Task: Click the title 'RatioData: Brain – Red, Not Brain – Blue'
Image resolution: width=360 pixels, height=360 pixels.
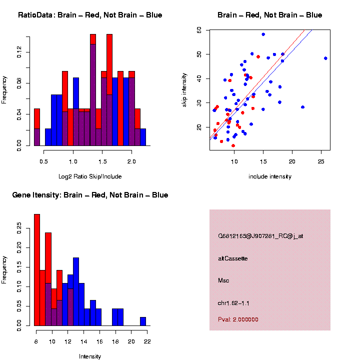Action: point(90,15)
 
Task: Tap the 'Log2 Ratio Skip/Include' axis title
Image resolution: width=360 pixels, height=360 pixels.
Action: point(90,176)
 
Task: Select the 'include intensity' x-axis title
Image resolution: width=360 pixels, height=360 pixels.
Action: point(269,176)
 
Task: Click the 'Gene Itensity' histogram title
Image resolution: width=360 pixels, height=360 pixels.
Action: point(90,195)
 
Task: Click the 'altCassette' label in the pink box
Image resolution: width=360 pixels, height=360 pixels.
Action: point(233,258)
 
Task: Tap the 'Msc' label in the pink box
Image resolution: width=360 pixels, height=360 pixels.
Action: point(223,280)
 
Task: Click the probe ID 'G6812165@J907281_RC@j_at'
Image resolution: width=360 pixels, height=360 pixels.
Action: point(260,236)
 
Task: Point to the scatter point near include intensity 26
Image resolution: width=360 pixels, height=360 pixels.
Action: point(325,58)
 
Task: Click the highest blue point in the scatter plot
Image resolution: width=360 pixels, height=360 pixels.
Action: point(263,34)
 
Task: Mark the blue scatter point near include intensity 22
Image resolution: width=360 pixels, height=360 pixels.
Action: point(302,107)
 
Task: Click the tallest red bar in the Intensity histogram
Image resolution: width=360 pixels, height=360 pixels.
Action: point(37,270)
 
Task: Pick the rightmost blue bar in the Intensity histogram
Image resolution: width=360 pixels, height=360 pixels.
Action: point(143,321)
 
